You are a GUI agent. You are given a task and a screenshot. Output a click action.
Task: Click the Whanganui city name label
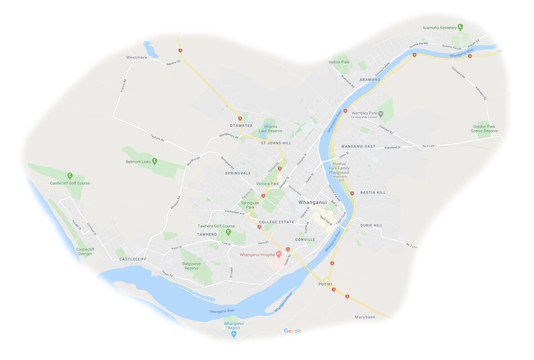tap(313, 202)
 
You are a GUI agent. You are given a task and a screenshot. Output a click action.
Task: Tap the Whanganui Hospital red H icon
tap(278, 254)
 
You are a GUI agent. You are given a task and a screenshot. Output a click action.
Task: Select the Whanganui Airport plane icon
tap(234, 334)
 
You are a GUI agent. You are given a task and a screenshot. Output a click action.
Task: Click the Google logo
tap(292, 331)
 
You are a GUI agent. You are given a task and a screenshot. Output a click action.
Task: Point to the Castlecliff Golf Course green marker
tap(70, 175)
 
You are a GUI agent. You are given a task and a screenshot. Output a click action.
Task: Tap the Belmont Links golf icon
tap(154, 162)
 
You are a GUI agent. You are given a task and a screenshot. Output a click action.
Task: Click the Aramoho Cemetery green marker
tap(460, 26)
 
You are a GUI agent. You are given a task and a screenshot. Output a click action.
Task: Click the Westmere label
tap(136, 57)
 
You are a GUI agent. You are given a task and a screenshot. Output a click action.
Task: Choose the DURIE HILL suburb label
tap(371, 225)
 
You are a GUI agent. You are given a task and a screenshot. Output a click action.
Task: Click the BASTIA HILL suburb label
tap(373, 192)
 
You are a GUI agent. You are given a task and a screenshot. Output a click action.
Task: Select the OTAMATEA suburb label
tap(241, 125)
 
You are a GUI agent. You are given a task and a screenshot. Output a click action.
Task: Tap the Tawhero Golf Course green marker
tap(229, 232)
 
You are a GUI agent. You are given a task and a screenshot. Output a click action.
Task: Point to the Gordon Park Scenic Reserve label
tap(484, 128)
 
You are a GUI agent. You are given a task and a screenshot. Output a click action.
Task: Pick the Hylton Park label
tap(339, 62)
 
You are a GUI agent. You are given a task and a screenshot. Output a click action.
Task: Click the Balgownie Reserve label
tap(192, 265)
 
